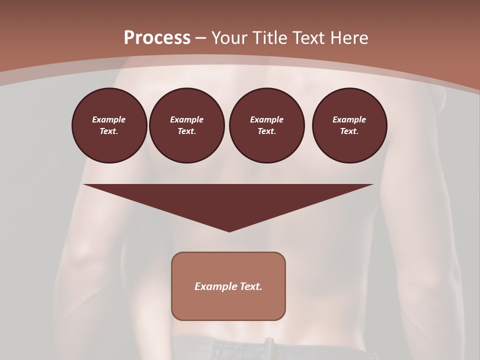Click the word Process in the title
(x=157, y=38)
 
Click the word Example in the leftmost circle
(x=109, y=119)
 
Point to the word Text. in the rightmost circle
(x=349, y=131)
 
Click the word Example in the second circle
(x=186, y=119)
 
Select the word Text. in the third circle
(x=266, y=131)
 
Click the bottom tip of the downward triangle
(x=229, y=231)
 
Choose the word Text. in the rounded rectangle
(x=251, y=286)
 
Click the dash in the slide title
(x=201, y=38)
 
